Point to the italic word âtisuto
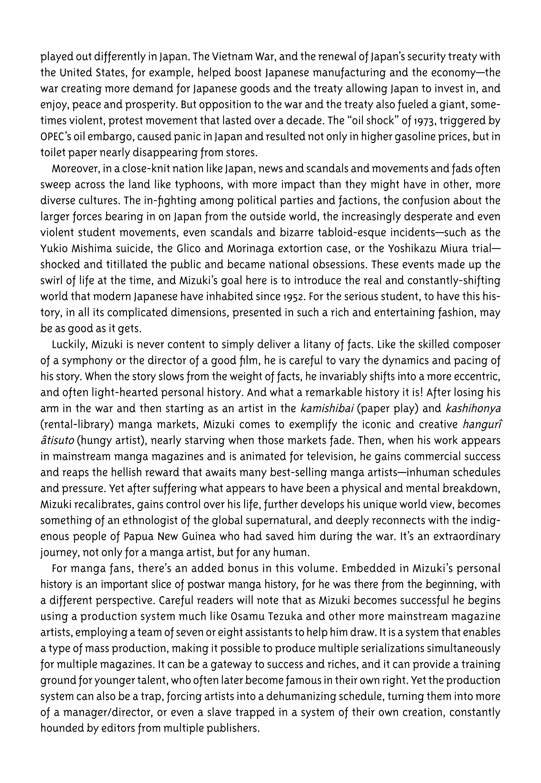point(57,441)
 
